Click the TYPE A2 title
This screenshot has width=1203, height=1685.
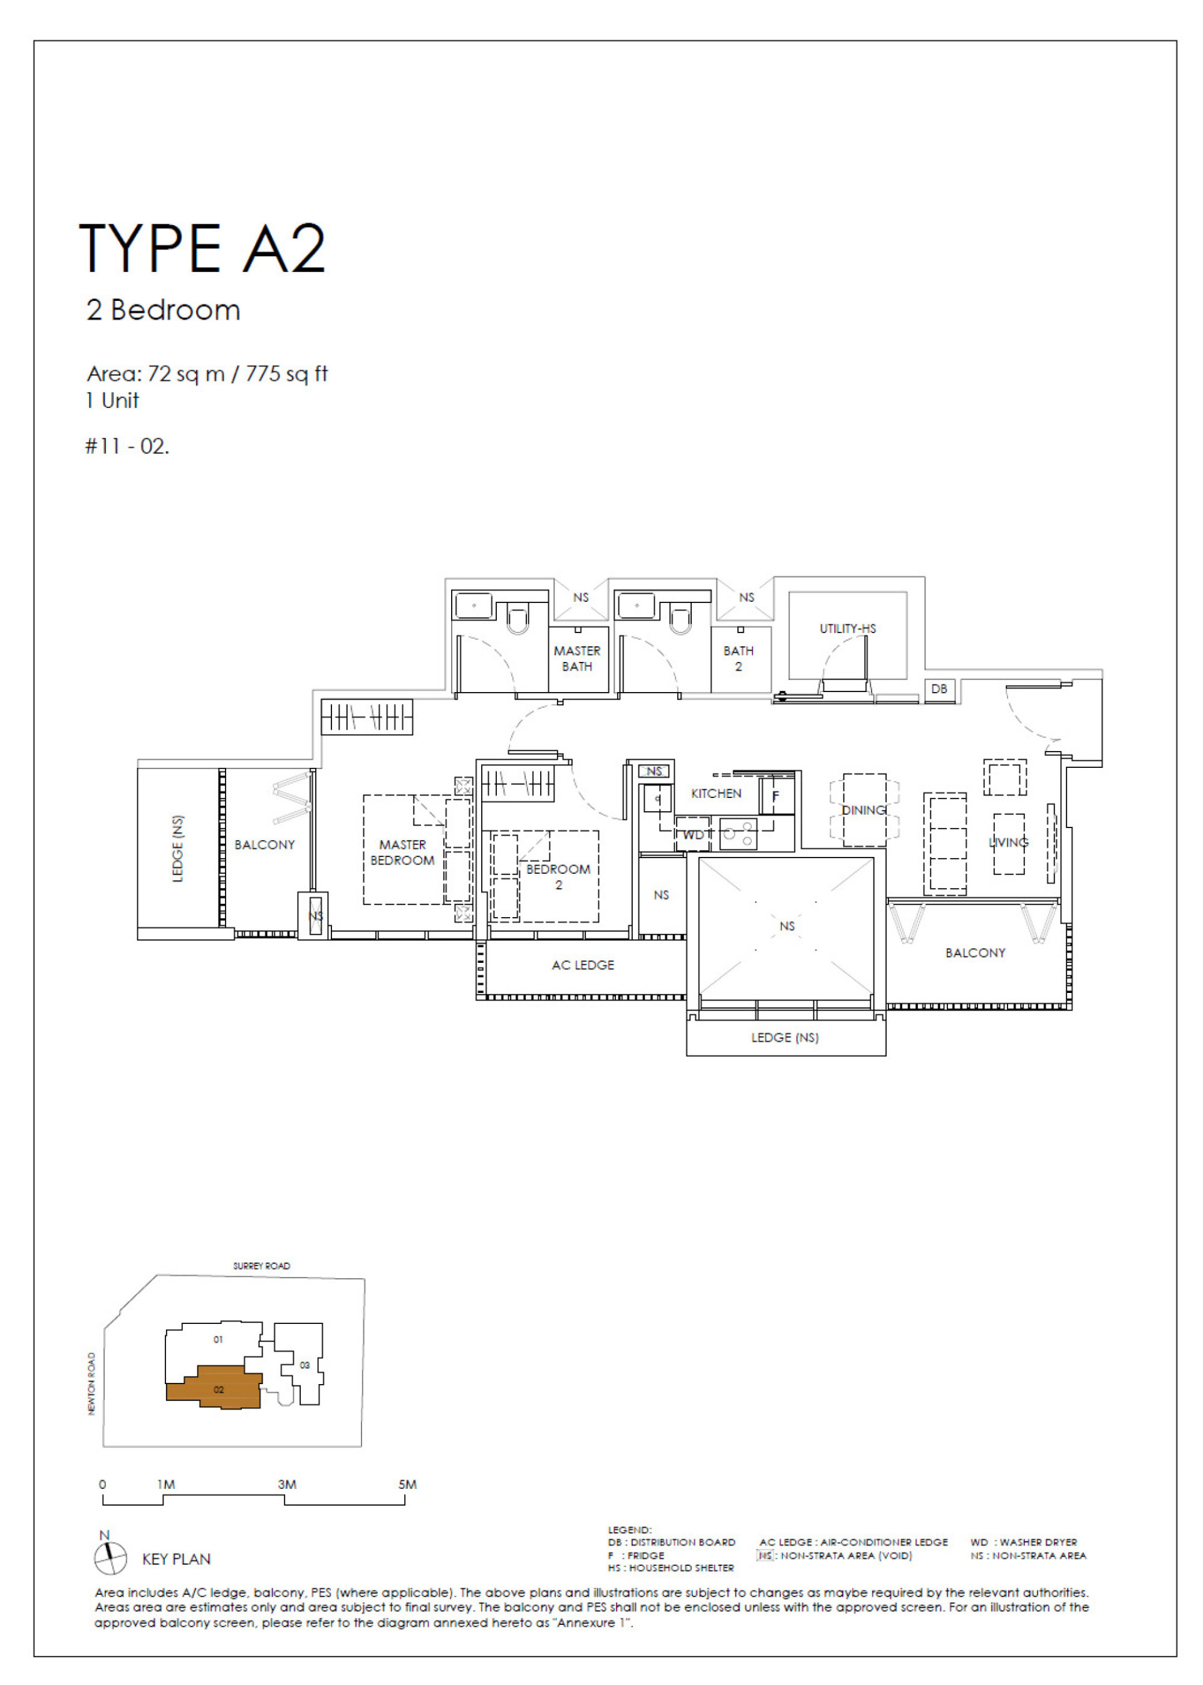click(x=202, y=248)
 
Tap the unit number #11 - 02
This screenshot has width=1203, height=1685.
click(x=127, y=446)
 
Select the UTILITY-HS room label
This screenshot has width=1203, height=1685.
click(x=848, y=628)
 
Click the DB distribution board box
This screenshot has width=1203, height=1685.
click(x=939, y=688)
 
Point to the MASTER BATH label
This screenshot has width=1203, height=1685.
click(x=577, y=658)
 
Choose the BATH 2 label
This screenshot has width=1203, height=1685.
click(x=738, y=658)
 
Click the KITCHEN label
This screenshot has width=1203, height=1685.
click(x=716, y=793)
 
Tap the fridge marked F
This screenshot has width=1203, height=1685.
click(x=776, y=797)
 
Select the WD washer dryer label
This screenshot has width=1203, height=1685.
click(x=694, y=835)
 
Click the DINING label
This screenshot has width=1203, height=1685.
click(x=864, y=810)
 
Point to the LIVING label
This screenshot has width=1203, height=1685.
click(x=1008, y=842)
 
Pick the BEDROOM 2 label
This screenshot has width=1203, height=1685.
click(x=558, y=876)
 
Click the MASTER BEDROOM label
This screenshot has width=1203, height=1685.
click(x=402, y=852)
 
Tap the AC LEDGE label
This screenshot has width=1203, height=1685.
click(x=583, y=965)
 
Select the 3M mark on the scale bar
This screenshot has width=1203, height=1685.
click(x=287, y=1484)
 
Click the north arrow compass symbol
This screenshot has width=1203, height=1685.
click(x=110, y=1558)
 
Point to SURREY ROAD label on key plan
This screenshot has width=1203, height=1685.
click(x=261, y=1266)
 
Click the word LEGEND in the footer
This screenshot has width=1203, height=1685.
click(x=629, y=1530)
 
